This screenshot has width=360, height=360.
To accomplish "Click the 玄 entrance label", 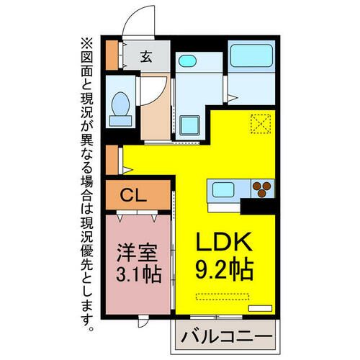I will (146, 56).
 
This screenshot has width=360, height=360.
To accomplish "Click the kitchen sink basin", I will (222, 190).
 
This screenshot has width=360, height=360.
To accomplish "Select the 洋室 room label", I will (138, 254).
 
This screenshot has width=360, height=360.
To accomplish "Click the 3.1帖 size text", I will (138, 274).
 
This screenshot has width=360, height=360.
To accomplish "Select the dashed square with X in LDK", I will (258, 125).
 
